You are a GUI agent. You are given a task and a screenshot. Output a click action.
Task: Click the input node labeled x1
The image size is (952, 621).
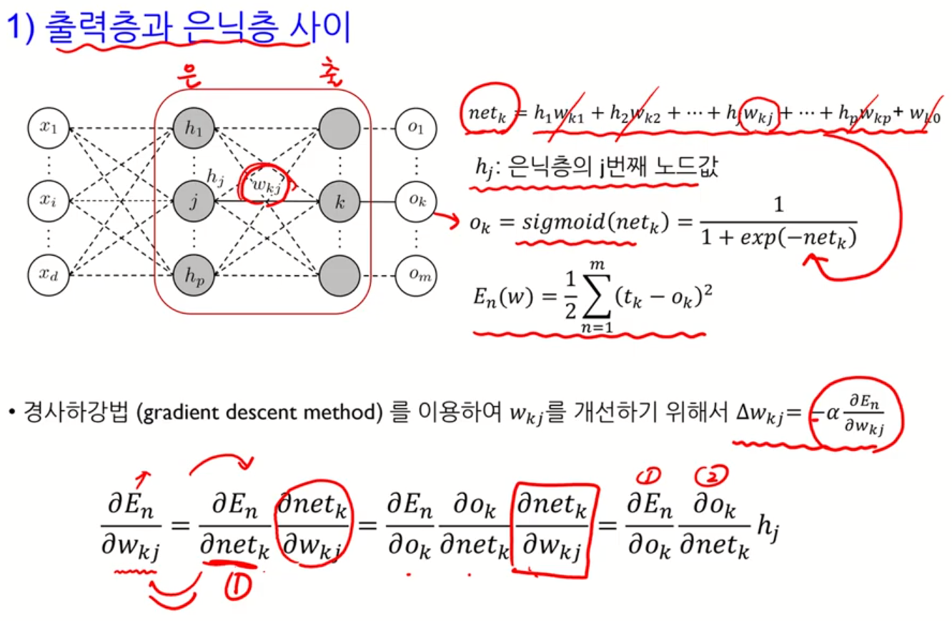[47, 128]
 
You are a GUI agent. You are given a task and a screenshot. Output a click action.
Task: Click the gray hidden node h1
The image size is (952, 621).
[193, 128]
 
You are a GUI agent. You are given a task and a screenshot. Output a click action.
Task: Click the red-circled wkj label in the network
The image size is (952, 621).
[264, 184]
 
